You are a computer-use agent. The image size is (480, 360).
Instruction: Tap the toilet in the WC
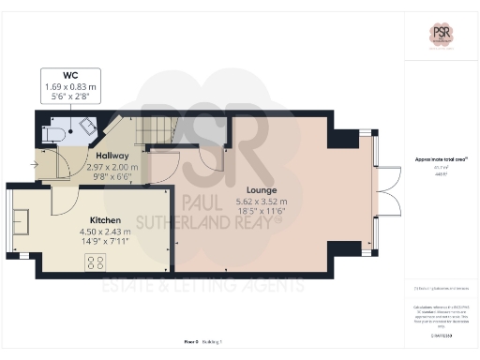(x=55, y=133)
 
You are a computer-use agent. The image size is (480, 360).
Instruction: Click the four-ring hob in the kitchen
(x=97, y=262)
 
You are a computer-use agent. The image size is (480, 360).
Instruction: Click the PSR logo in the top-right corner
(x=442, y=33)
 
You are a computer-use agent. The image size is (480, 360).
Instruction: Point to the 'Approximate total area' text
(x=441, y=160)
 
